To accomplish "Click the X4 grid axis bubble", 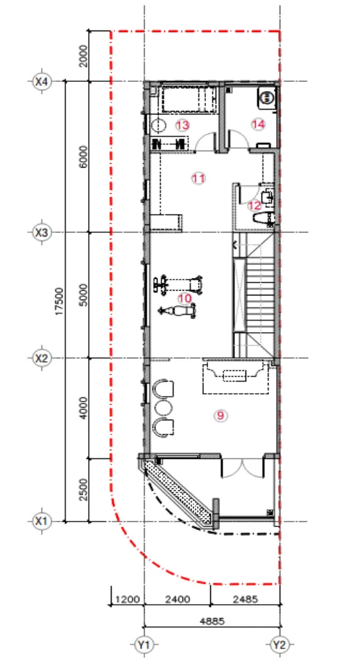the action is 42,81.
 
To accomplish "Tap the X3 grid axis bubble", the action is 42,232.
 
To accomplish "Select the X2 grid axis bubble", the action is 42,359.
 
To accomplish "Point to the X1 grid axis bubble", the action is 42,522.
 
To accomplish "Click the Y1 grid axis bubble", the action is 144,645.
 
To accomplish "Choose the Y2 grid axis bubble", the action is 279,645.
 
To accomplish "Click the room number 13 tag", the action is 182,125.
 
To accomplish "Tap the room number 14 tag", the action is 258,124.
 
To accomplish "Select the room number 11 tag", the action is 198,178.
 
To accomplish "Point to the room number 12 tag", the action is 255,205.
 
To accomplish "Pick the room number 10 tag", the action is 185,298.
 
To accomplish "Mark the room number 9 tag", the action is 220,415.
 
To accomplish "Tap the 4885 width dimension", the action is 213,621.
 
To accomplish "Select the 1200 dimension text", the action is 128,599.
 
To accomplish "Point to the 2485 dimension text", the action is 246,599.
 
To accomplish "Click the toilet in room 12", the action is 264,218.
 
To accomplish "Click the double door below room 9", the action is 242,465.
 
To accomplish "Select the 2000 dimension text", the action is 83,55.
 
